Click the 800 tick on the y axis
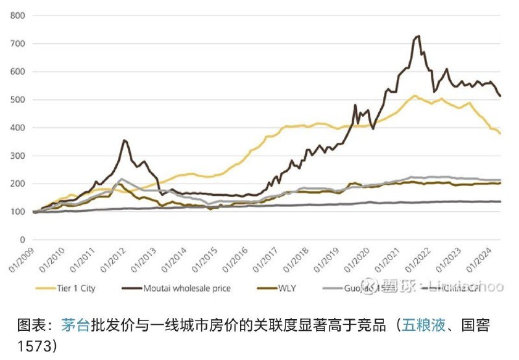coord(18,16)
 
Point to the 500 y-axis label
coord(18,100)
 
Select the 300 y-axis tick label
coord(18,156)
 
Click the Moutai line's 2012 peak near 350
coord(125,140)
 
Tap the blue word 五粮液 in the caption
coord(424,324)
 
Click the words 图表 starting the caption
coord(30,324)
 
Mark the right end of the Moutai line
coord(500,96)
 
